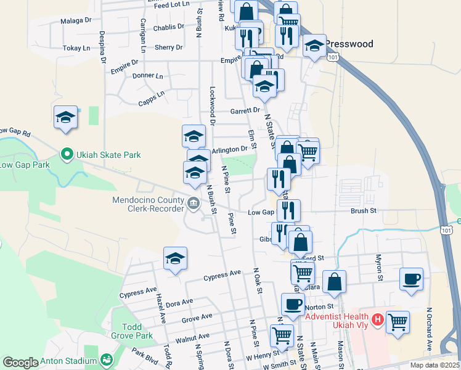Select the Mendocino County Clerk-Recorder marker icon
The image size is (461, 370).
pos(193,202)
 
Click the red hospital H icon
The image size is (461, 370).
pos(378,320)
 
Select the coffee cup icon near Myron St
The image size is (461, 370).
pos(411,279)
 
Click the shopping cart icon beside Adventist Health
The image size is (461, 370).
pos(398,321)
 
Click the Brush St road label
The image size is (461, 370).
pos(363,211)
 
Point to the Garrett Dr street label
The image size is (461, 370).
pos(245,110)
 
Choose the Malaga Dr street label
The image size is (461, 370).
pos(76,20)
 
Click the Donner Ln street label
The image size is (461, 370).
pos(147,76)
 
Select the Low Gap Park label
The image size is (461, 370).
pos(25,165)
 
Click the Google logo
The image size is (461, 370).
pos(20,362)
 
